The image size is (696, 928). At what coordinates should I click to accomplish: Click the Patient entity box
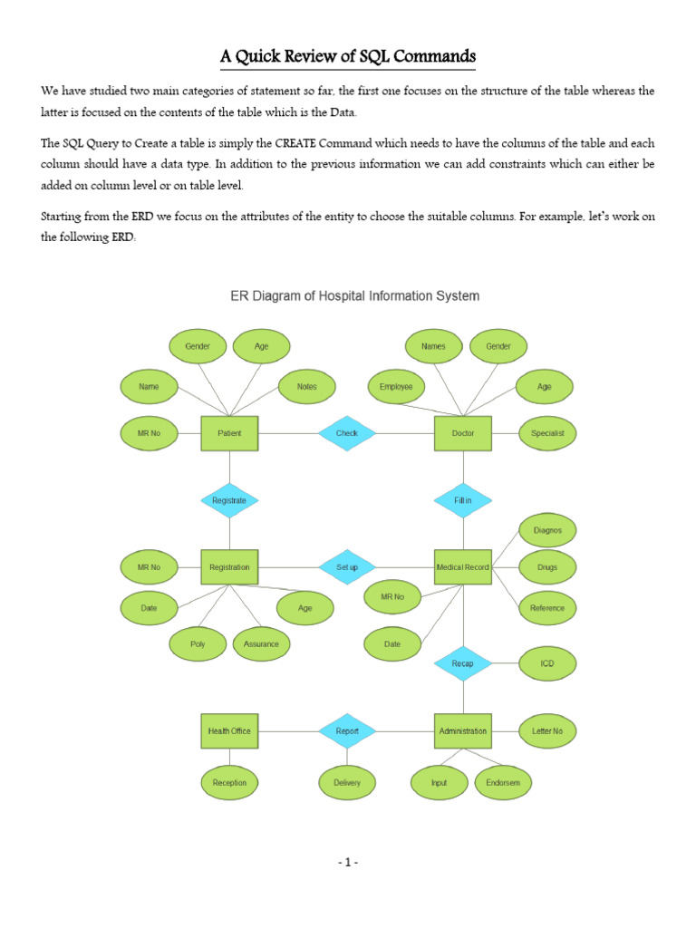229,433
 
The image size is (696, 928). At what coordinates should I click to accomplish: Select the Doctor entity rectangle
463,433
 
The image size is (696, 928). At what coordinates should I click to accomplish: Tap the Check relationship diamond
347,433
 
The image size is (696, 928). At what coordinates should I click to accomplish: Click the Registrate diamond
229,500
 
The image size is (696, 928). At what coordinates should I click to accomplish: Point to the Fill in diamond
463,500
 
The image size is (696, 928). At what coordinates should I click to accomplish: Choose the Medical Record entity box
463,567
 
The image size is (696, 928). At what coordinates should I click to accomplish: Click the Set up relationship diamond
347,567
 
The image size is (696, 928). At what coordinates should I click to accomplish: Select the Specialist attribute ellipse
546,433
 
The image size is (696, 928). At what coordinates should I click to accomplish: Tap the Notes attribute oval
307,387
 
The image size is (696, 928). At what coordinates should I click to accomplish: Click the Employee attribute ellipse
397,387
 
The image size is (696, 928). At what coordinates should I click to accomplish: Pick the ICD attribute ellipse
546,663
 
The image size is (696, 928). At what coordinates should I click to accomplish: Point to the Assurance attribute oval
262,644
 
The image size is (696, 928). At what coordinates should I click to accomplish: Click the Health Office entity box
229,730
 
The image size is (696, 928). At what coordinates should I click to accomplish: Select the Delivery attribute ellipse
347,782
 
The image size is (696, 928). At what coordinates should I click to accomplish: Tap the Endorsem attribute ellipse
503,782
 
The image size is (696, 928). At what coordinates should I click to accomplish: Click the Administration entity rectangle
463,730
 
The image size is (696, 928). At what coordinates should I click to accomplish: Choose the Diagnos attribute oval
546,529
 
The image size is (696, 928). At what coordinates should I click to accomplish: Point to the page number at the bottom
347,862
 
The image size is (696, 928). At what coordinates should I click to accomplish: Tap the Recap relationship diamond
463,663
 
